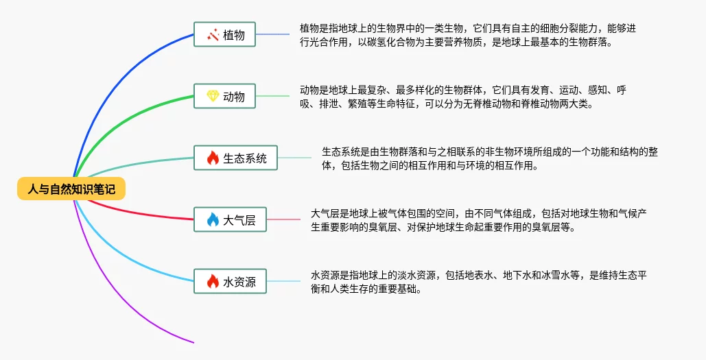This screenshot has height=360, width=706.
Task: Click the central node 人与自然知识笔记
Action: point(71,189)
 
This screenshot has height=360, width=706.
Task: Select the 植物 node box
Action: point(224,34)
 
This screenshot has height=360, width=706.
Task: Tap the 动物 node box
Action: point(224,96)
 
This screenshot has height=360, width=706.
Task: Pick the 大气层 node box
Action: point(230,219)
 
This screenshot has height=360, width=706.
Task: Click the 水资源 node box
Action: point(230,280)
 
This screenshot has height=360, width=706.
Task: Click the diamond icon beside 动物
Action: point(212,96)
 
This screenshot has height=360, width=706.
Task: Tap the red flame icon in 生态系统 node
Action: point(212,158)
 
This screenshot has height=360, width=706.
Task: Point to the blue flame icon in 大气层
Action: point(212,220)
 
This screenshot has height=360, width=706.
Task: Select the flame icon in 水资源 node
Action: point(212,281)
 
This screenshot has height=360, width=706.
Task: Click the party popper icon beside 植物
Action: point(212,34)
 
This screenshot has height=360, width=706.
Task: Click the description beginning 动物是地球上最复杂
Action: point(463,97)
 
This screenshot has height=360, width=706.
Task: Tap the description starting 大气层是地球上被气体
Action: point(478,220)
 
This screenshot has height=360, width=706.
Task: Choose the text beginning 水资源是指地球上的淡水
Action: point(478,282)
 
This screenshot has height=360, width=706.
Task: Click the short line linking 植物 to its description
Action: point(272,34)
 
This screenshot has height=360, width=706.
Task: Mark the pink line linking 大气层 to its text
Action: point(283,219)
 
